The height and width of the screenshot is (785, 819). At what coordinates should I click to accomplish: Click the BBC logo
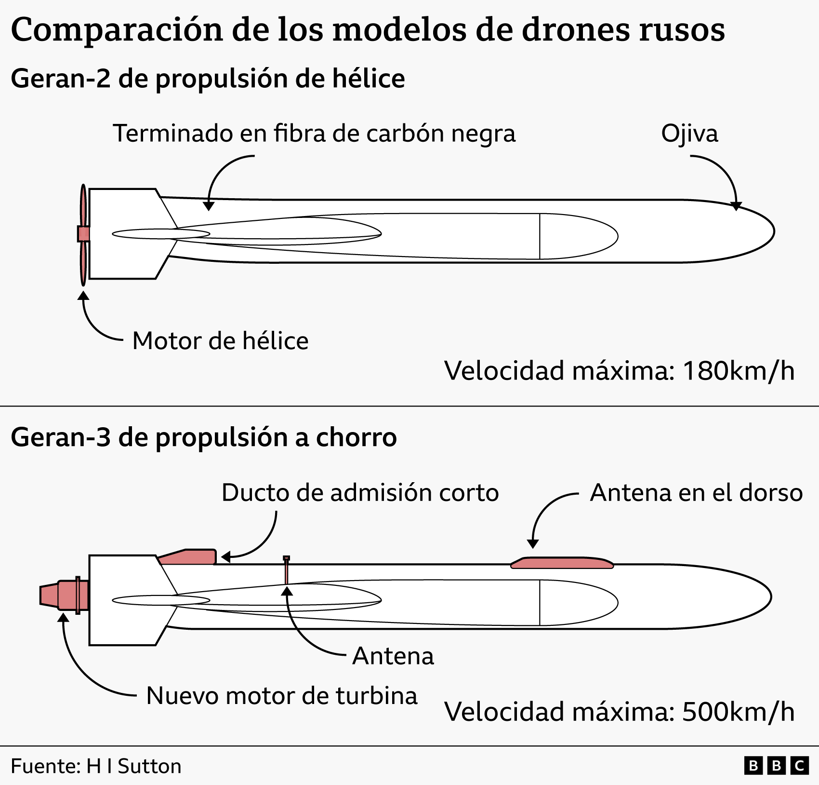click(776, 766)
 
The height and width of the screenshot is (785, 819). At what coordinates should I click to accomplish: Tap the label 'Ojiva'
click(689, 134)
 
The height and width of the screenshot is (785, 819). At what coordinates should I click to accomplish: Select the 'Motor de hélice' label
click(220, 341)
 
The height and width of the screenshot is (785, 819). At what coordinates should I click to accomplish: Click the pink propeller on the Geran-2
click(83, 235)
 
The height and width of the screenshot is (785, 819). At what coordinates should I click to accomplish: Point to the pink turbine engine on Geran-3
click(64, 595)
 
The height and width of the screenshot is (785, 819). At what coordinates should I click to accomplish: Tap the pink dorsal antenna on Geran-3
click(562, 562)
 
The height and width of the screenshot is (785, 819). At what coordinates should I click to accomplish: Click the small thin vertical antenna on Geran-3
click(286, 570)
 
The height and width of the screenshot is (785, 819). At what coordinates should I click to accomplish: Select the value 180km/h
click(739, 371)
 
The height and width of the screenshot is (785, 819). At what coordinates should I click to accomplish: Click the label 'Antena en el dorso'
click(696, 493)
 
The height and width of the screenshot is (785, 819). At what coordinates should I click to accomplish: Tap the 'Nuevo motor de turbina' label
click(282, 696)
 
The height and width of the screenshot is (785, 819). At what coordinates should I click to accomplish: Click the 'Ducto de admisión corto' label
click(360, 493)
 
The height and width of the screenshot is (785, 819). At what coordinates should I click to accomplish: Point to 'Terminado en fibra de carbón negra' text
click(314, 134)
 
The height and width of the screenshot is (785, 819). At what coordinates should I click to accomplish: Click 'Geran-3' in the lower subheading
click(61, 437)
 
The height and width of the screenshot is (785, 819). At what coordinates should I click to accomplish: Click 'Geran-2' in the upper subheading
click(61, 79)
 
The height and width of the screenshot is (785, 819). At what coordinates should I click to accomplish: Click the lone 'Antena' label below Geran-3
click(393, 656)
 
